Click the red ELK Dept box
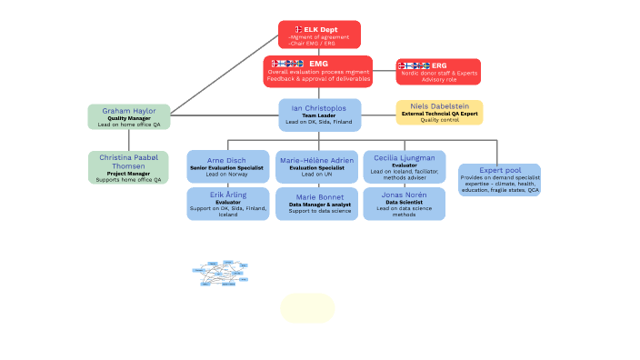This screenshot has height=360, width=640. click(319, 35)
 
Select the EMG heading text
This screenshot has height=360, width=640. click(318, 64)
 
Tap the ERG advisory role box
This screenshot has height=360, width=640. click(438, 72)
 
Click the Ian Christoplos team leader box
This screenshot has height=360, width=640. click(319, 115)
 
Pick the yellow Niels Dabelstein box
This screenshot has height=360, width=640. click(439, 112)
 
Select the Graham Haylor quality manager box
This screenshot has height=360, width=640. click(128, 116)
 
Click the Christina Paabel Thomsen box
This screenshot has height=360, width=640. click(128, 167)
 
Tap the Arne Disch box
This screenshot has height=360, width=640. click(227, 166)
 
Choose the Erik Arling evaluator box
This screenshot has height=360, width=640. click(227, 204)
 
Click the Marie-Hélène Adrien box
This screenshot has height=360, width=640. click(317, 166)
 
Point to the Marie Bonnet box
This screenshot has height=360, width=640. click(317, 204)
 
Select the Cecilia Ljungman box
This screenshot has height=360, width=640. click(404, 166)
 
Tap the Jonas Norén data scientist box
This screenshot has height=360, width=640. click(404, 204)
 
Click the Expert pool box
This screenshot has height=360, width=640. click(499, 180)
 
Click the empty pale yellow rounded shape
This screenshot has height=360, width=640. click(307, 308)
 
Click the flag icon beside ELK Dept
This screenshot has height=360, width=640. click(298, 30)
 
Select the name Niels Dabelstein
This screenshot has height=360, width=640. click(439, 105)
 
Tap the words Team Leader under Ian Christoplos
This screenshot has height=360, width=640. click(318, 115)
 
